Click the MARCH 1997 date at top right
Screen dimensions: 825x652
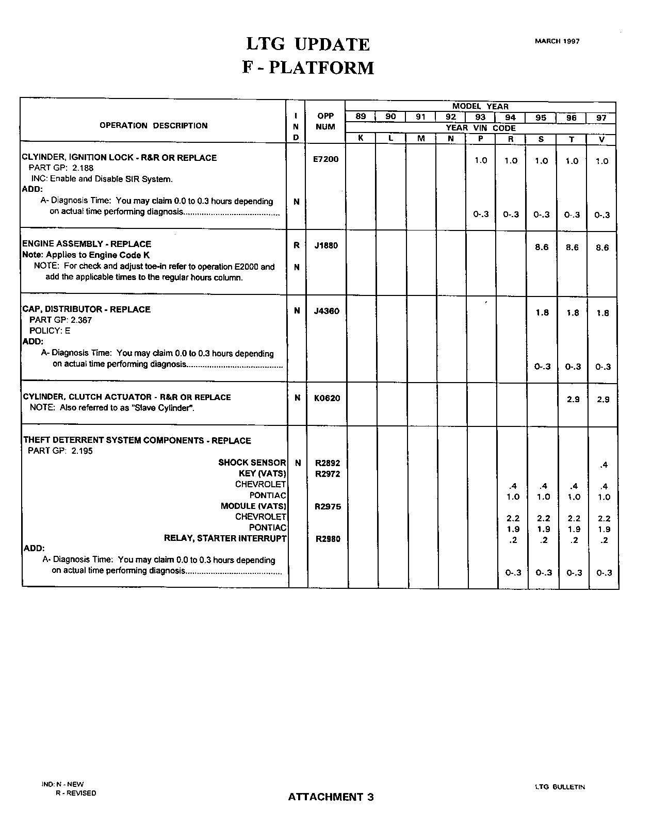coord(557,41)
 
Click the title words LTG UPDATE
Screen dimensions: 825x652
coord(308,44)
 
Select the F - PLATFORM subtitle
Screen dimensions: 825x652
coord(308,68)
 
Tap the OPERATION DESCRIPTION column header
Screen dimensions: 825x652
coord(153,125)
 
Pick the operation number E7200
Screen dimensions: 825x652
coord(325,159)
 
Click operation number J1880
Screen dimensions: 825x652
coord(326,245)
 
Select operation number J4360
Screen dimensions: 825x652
coord(327,311)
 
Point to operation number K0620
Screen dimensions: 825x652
coord(327,398)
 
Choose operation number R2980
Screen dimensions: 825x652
coord(328,539)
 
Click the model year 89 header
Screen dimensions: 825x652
coord(361,117)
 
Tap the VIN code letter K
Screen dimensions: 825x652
coord(361,139)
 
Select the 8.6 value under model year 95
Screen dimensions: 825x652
coord(542,247)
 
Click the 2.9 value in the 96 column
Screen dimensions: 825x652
coord(573,399)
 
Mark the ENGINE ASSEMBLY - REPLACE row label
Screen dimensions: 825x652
coord(87,244)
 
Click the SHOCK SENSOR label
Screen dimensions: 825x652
coord(252,463)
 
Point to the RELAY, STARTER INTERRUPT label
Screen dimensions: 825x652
coord(225,538)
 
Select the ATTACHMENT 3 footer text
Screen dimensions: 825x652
coord(331,797)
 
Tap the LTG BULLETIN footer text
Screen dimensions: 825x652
coord(560,787)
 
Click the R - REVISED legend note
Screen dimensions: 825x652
coord(76,793)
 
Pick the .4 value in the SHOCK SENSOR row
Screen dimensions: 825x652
coord(604,465)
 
